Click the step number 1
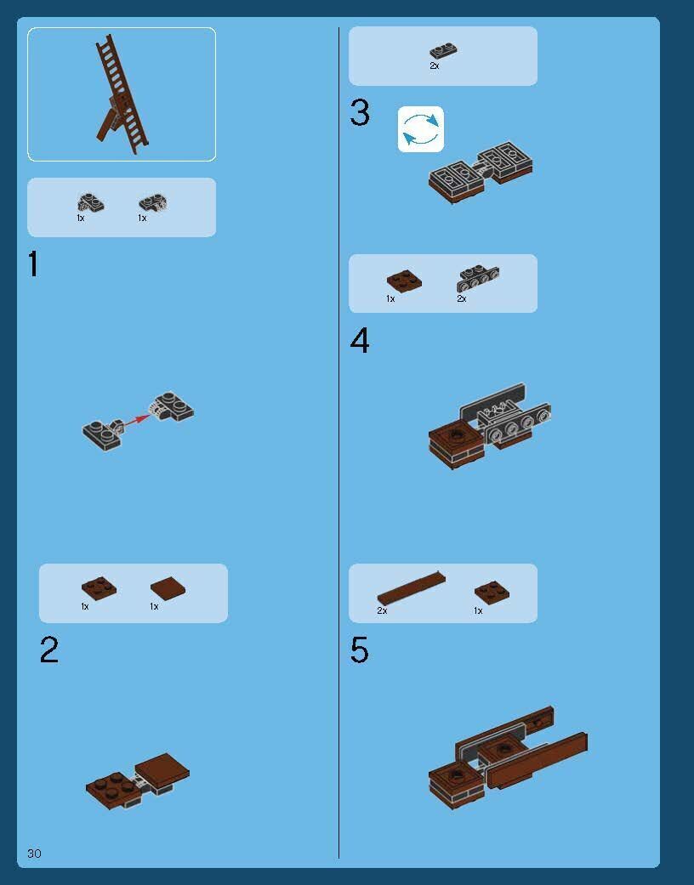pyautogui.click(x=33, y=264)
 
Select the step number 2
pyautogui.click(x=49, y=650)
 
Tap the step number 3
pyautogui.click(x=360, y=112)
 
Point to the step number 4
pyautogui.click(x=360, y=340)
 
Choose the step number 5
pyautogui.click(x=360, y=650)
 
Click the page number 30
pyautogui.click(x=34, y=854)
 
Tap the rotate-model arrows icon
pyautogui.click(x=421, y=129)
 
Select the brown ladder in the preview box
pyautogui.click(x=121, y=95)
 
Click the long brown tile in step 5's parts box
pyautogui.click(x=411, y=587)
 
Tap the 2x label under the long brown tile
pyautogui.click(x=382, y=610)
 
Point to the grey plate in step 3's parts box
pyautogui.click(x=443, y=51)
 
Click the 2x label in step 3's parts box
pyautogui.click(x=435, y=66)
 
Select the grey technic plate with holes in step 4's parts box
pyautogui.click(x=478, y=278)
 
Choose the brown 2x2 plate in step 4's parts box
pyautogui.click(x=404, y=281)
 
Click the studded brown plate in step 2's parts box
pyautogui.click(x=99, y=588)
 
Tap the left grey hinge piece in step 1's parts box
pyautogui.click(x=90, y=202)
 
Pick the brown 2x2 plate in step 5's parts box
pyautogui.click(x=492, y=592)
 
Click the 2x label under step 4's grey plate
pyautogui.click(x=462, y=298)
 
